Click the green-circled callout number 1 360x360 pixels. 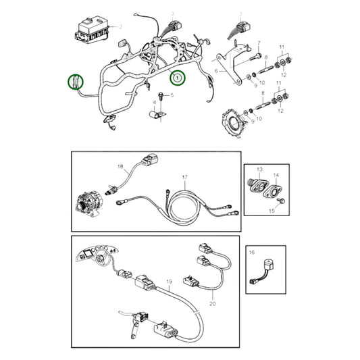coord(178,78)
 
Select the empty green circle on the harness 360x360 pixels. coord(76,82)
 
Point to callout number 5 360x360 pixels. coord(172,97)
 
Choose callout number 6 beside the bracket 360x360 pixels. coord(216,70)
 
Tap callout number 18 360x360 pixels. coord(120,165)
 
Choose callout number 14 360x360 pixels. coord(276,174)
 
